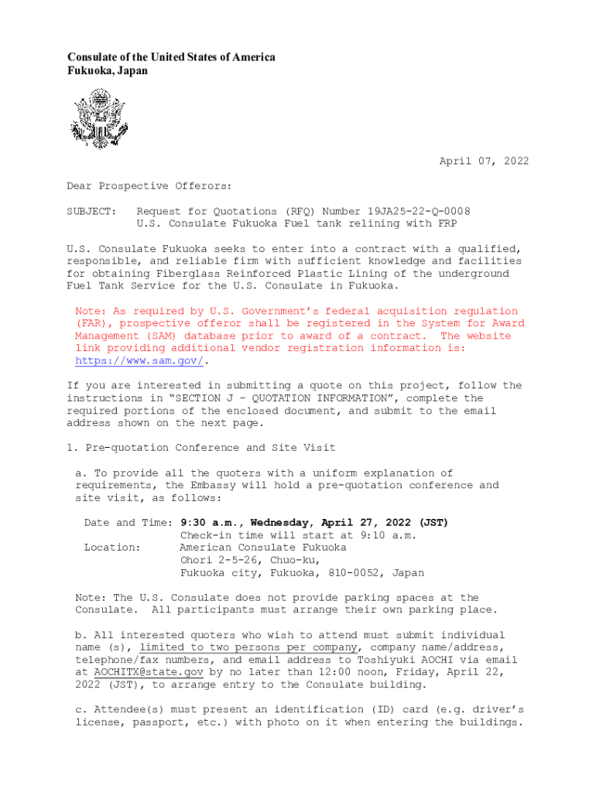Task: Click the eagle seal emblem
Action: tap(97, 118)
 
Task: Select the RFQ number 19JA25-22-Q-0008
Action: tap(418, 211)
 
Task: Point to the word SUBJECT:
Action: tap(91, 211)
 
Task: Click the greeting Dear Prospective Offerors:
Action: tap(149, 186)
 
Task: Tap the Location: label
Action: tap(112, 548)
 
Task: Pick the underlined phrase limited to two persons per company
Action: tap(248, 647)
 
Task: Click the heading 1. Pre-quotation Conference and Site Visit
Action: tap(200, 448)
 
